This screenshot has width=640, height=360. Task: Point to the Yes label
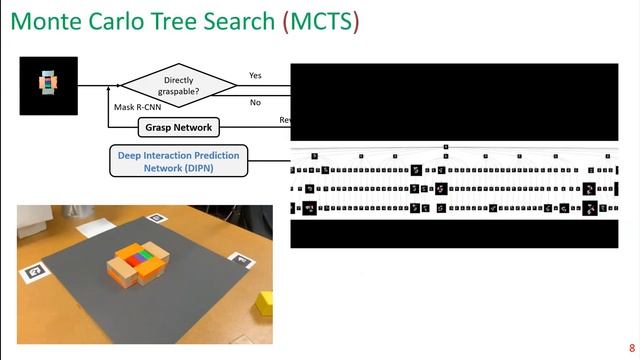(255, 75)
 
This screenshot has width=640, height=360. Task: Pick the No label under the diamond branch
(255, 102)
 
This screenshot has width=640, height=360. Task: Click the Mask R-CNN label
(137, 106)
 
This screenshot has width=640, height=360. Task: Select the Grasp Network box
(178, 128)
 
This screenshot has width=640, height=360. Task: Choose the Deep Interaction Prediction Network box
(178, 161)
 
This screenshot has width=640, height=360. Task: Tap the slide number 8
(631, 347)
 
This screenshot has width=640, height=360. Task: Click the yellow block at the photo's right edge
(264, 302)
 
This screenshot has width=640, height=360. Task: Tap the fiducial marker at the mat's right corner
(240, 260)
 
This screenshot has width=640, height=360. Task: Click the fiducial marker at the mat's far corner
(156, 217)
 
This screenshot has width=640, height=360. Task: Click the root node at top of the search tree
(446, 147)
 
